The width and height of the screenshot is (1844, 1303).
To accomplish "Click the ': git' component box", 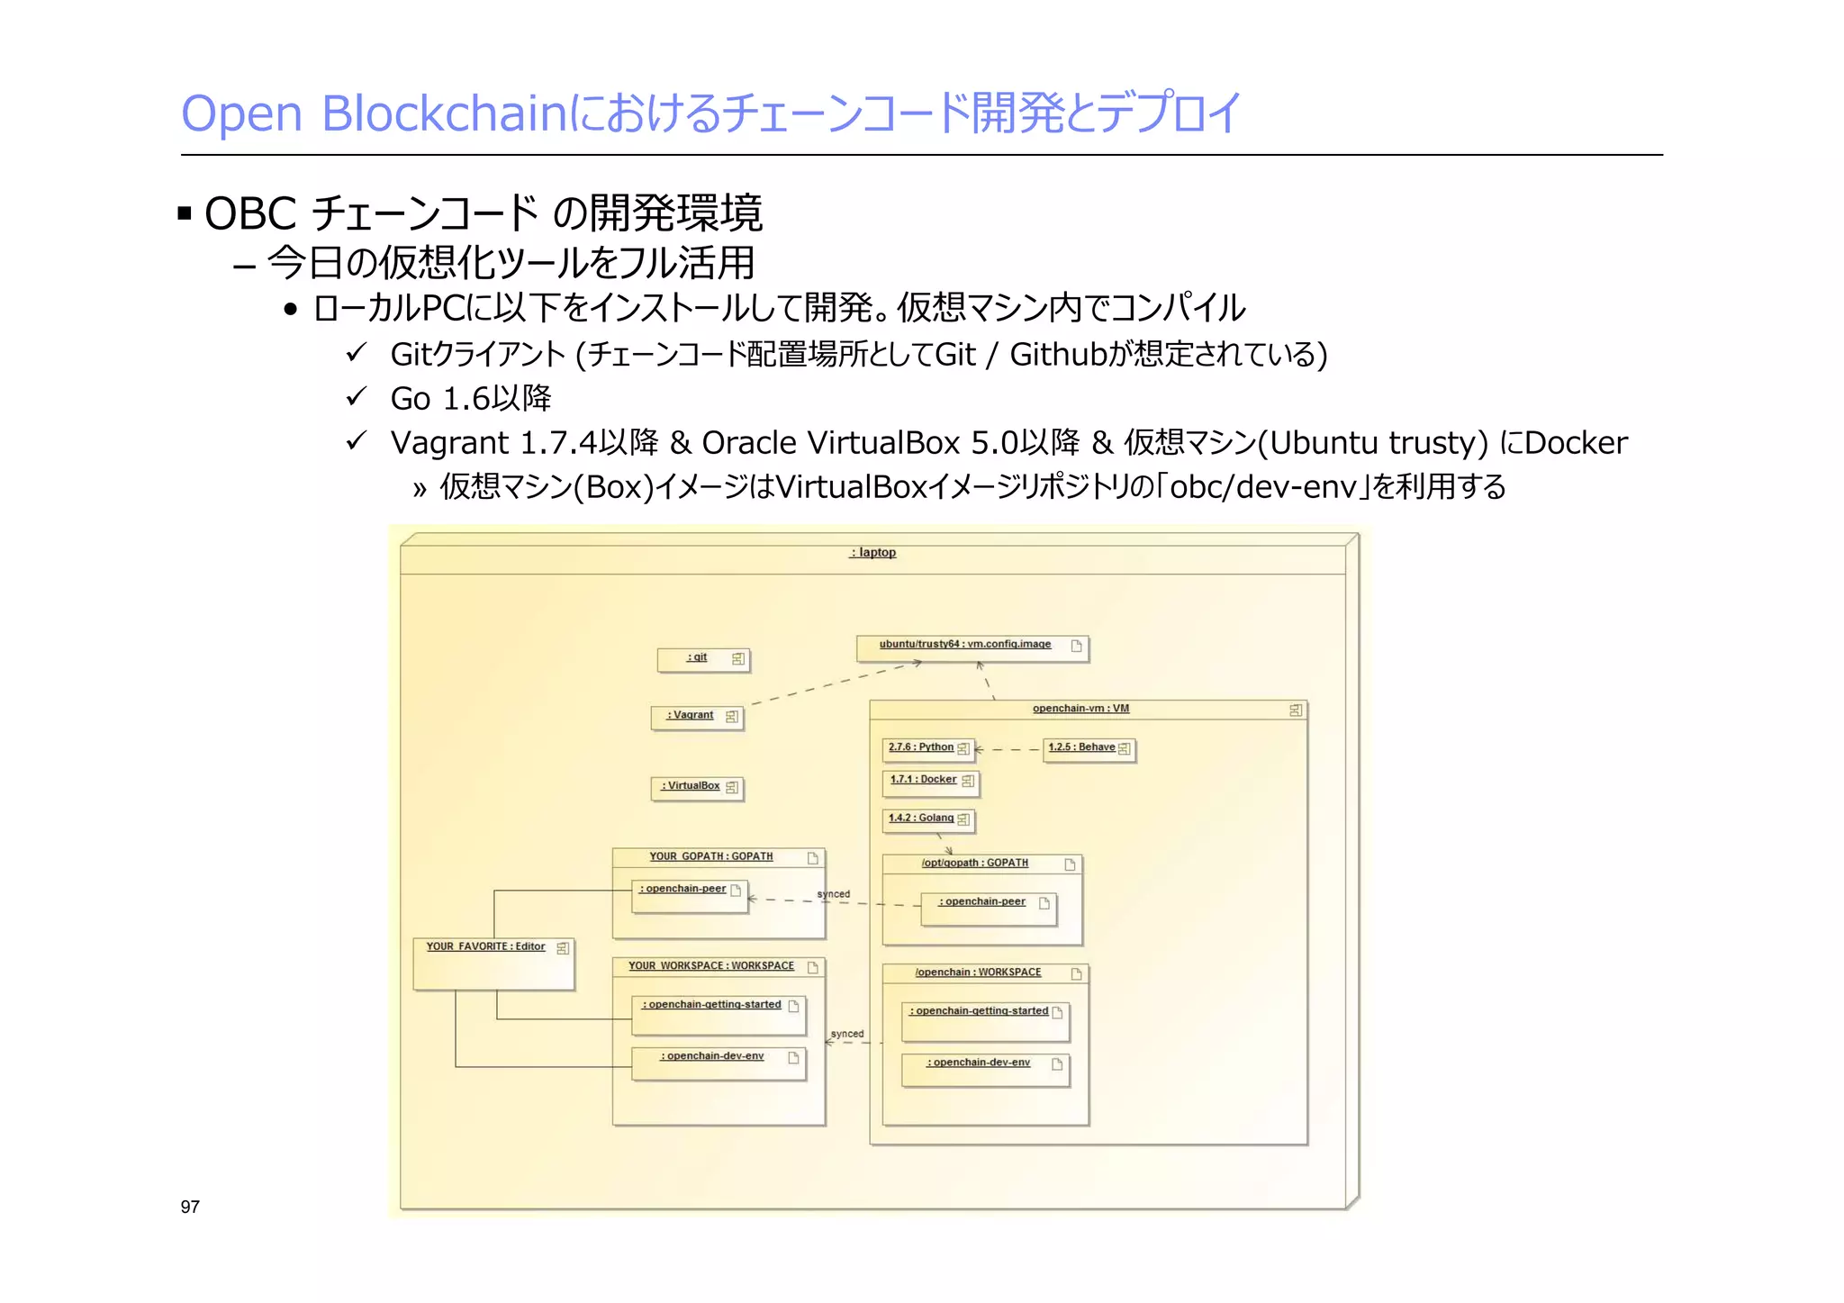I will pyautogui.click(x=702, y=659).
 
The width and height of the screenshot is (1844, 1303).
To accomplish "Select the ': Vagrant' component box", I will pyautogui.click(x=697, y=717).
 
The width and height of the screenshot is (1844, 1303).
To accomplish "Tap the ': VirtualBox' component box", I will pyautogui.click(x=697, y=787).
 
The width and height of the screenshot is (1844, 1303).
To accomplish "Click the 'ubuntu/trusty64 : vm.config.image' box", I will pyautogui.click(x=972, y=647).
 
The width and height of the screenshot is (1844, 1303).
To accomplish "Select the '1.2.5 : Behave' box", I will pyautogui.click(x=1088, y=748).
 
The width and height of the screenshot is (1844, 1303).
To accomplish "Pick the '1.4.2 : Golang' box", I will pyautogui.click(x=927, y=819).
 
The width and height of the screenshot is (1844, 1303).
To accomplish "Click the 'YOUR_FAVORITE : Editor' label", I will pyautogui.click(x=486, y=947).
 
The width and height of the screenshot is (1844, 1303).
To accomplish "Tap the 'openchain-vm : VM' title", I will pyautogui.click(x=1080, y=709).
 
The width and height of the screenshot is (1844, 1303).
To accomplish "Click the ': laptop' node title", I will pyautogui.click(x=872, y=553).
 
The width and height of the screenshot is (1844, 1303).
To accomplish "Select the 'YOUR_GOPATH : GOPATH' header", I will pyautogui.click(x=711, y=857).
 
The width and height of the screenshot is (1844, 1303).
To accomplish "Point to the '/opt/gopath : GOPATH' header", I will pyautogui.click(x=974, y=864).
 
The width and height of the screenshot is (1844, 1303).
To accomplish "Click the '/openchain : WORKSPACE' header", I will pyautogui.click(x=978, y=973).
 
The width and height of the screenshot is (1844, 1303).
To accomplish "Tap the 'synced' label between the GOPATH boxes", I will pyautogui.click(x=833, y=894).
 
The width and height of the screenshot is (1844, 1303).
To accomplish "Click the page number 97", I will pyautogui.click(x=190, y=1207).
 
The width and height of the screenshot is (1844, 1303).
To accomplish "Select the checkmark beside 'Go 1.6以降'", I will pyautogui.click(x=357, y=396).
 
